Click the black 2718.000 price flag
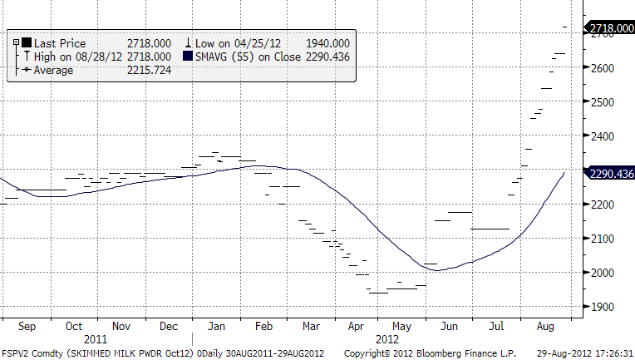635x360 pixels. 610,27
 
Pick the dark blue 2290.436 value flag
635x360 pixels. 611,174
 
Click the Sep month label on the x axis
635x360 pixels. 27,327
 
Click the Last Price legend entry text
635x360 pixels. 59,43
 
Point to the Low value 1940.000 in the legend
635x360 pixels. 327,43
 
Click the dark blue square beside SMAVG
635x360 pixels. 189,57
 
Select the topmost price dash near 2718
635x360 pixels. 565,27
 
